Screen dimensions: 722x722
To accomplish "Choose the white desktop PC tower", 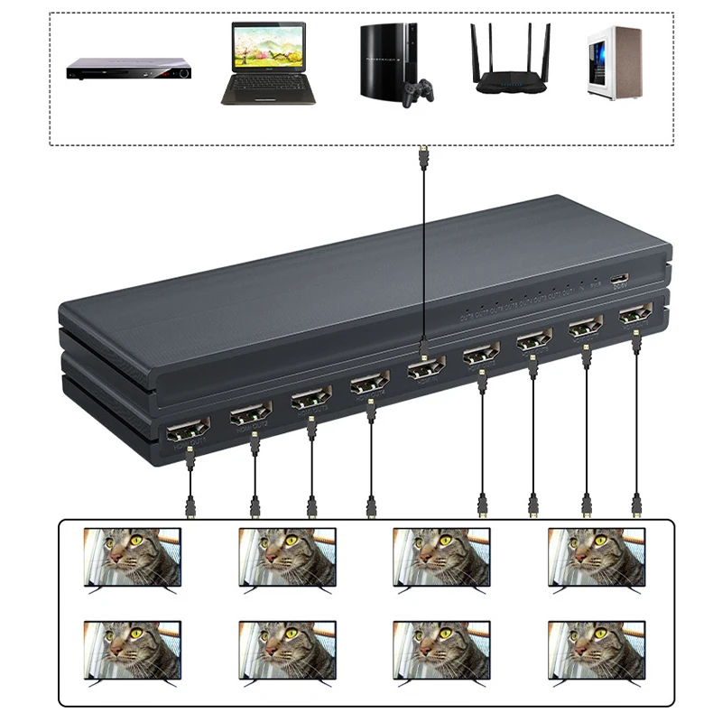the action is (614, 60).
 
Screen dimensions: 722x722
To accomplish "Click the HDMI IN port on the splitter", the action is (424, 369).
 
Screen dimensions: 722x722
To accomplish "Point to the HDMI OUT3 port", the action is (310, 400).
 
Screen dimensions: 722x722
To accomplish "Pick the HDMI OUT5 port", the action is (481, 354).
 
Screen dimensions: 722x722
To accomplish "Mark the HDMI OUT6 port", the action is (533, 340).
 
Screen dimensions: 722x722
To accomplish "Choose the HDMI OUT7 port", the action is (586, 329).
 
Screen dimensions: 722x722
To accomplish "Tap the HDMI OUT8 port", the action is (636, 316).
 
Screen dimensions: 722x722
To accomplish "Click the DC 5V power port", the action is (619, 280).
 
